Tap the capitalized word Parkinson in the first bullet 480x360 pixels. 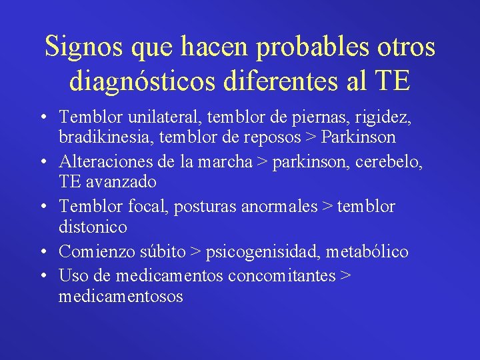(x=359, y=137)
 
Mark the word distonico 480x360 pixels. (x=93, y=227)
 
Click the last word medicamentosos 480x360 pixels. (x=121, y=296)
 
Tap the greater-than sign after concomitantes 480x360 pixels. (x=345, y=275)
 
